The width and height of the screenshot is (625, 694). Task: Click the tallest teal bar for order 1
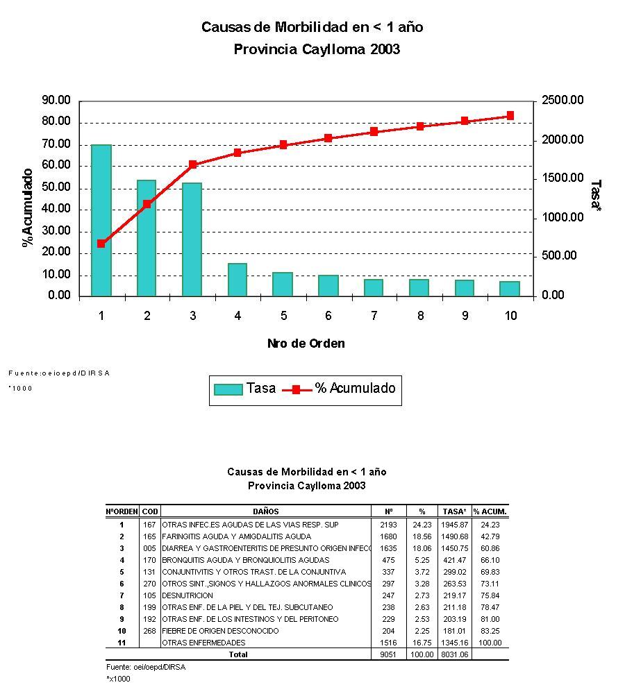(101, 220)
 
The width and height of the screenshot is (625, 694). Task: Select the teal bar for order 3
(192, 239)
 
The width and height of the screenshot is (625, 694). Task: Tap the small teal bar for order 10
(510, 288)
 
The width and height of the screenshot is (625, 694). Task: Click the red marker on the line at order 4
(237, 153)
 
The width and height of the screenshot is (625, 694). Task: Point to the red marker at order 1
(101, 244)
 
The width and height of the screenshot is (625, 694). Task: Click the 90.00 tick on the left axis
(56, 101)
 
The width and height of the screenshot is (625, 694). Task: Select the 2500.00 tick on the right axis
(562, 101)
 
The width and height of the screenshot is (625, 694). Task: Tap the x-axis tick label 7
(374, 316)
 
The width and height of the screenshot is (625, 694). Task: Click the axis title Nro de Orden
(306, 344)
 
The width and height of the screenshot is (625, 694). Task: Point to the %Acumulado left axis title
(28, 207)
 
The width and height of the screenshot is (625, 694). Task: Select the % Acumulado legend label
(355, 389)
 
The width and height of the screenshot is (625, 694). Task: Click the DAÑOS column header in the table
(266, 511)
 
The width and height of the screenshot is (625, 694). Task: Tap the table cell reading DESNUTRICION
(187, 595)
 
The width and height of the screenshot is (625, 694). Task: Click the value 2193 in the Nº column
(388, 525)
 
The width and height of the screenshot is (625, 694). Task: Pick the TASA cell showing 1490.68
(454, 536)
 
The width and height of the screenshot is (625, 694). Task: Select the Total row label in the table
(239, 654)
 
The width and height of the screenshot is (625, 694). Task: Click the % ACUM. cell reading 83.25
(490, 631)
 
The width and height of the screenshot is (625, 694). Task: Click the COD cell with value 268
(149, 631)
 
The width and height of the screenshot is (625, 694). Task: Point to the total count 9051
(388, 654)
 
